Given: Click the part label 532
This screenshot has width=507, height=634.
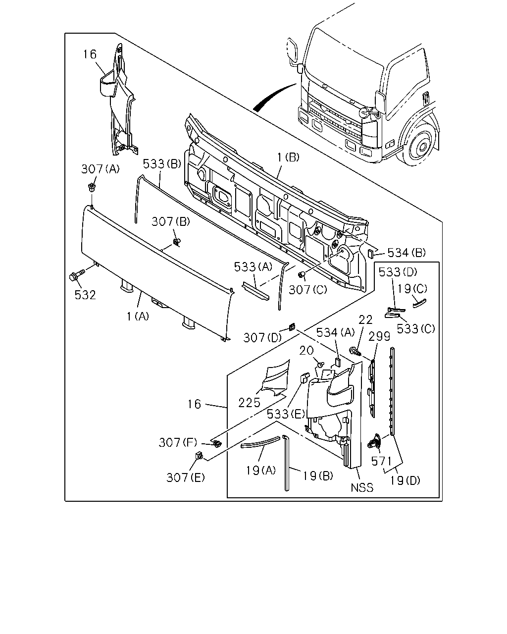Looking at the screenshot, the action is click(x=85, y=295).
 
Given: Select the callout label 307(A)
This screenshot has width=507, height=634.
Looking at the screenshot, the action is click(x=101, y=169).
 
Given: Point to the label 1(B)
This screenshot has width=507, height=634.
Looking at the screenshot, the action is click(x=288, y=158).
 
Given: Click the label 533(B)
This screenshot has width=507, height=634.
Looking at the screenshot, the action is click(x=162, y=164).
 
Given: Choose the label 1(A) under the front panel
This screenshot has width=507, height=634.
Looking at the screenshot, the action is click(x=138, y=317).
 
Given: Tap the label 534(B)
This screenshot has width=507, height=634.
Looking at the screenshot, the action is click(x=406, y=253).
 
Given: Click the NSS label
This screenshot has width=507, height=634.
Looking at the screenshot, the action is click(x=362, y=488).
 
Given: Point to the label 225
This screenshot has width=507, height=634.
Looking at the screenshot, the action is click(x=249, y=403).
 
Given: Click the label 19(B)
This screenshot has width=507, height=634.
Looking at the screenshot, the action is click(x=318, y=476).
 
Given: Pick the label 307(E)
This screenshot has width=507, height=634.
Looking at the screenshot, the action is click(x=186, y=477).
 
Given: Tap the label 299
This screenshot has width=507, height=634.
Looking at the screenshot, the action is click(x=379, y=336).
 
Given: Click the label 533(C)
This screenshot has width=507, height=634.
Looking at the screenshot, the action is click(x=416, y=328).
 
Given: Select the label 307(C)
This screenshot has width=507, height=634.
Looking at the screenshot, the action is click(x=308, y=290).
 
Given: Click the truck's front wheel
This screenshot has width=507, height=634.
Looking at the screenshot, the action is click(x=419, y=144).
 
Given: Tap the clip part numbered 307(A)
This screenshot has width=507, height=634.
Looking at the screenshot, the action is click(x=92, y=187).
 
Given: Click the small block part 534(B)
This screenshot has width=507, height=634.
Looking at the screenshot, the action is click(x=371, y=253).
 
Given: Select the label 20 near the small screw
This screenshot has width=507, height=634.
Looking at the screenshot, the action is click(x=306, y=351).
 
